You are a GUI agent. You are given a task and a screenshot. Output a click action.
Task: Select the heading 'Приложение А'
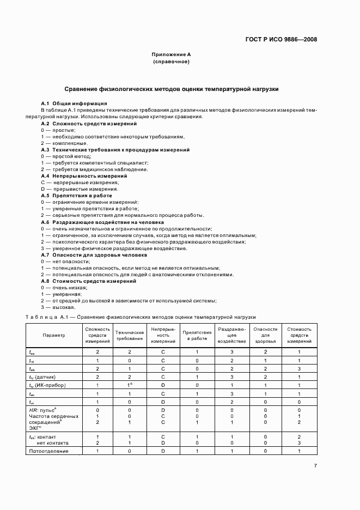click(x=171, y=55)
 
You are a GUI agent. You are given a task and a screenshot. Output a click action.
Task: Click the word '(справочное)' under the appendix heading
click(x=171, y=62)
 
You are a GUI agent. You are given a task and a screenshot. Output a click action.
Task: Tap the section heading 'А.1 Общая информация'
click(x=74, y=103)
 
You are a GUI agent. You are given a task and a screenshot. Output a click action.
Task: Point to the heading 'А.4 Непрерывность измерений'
click(x=84, y=176)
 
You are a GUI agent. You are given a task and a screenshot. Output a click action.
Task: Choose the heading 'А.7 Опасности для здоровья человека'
click(x=94, y=254)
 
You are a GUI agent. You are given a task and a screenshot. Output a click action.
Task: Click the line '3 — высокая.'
click(x=58, y=307)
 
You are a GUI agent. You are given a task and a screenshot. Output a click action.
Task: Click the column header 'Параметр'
click(x=54, y=335)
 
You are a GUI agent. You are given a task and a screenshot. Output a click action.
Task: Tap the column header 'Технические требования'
click(x=130, y=335)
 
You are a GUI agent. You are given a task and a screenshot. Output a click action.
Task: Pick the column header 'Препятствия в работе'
click(x=197, y=335)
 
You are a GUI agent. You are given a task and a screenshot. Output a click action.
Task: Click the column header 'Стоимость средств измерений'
click(x=299, y=335)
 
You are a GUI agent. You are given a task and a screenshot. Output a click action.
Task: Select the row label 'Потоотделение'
click(x=49, y=451)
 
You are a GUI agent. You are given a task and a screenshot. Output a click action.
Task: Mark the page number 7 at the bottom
click(x=315, y=465)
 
